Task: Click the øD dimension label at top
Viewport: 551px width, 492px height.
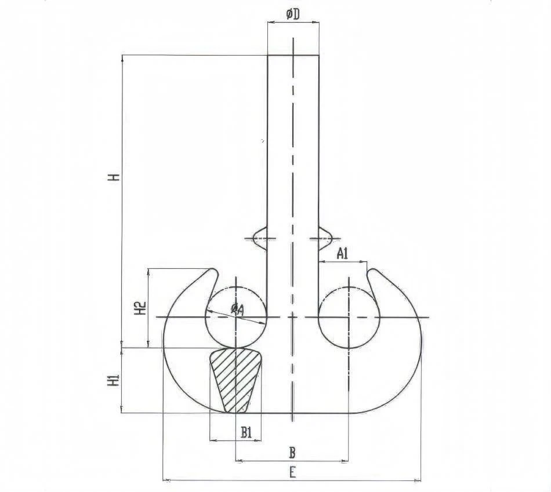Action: tap(293, 14)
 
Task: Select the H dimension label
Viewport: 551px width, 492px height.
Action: tap(114, 177)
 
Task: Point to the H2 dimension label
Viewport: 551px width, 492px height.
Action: tap(140, 308)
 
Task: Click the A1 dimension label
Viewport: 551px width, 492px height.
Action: tap(342, 253)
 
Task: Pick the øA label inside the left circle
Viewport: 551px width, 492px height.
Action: tap(237, 309)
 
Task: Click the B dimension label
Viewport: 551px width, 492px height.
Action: tap(292, 453)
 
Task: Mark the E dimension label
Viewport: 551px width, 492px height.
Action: tap(292, 473)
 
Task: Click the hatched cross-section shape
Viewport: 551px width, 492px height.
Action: tap(235, 380)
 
